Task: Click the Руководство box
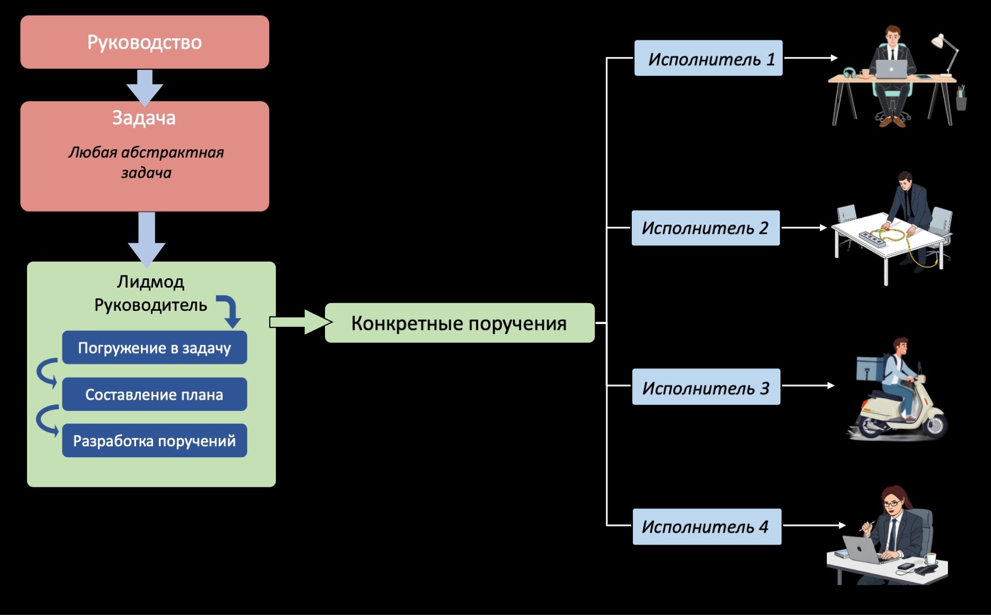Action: (144, 42)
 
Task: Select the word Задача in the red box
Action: (144, 118)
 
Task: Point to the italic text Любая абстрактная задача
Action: (146, 162)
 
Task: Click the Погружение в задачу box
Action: (154, 348)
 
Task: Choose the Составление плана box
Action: (154, 394)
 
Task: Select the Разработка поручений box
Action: (154, 441)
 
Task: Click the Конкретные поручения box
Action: (459, 323)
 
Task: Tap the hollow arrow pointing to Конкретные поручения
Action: (299, 322)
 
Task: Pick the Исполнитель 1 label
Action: (708, 58)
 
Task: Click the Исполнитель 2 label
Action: (705, 228)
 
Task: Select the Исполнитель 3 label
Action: (706, 387)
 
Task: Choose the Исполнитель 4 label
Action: (706, 527)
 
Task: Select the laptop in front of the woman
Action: (861, 549)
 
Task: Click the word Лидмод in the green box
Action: (150, 282)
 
